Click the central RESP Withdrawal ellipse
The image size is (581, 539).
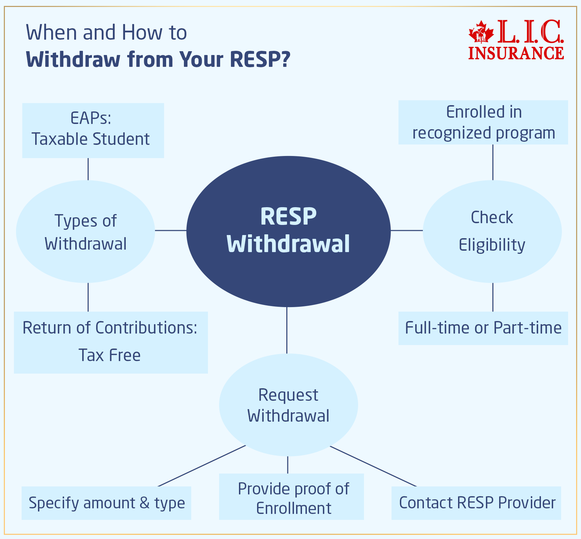[x=288, y=231]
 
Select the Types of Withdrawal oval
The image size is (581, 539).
[x=85, y=232]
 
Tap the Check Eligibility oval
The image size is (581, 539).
[x=492, y=232]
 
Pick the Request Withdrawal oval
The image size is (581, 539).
[x=288, y=405]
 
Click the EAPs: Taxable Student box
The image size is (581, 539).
[x=93, y=130]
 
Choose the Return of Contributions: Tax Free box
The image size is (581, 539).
[x=111, y=342]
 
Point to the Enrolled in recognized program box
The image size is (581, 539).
[x=483, y=122]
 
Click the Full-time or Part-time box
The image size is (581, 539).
[x=483, y=328]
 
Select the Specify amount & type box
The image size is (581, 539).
[x=106, y=503]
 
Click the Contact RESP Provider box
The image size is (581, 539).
[x=476, y=503]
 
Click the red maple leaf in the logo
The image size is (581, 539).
[x=481, y=32]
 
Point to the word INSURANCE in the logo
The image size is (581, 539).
[x=516, y=53]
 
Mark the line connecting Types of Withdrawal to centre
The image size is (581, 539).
[x=171, y=230]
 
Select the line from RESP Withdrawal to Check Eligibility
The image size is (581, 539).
[x=406, y=230]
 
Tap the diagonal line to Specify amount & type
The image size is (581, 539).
[x=202, y=466]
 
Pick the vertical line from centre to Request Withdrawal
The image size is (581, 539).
[x=287, y=330]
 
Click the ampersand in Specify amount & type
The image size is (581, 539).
[x=144, y=503]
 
